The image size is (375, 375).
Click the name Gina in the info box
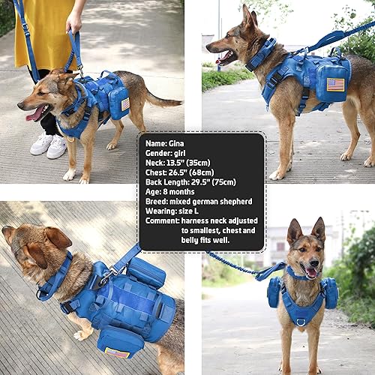click(x=181, y=142)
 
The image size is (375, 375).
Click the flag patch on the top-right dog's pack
click(x=334, y=84)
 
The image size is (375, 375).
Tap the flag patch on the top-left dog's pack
click(x=124, y=104)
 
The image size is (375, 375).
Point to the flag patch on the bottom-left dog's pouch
click(x=117, y=352)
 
